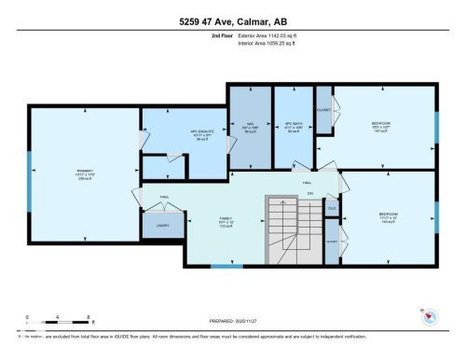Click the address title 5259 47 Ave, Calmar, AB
[x=232, y=19]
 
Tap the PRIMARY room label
[x=84, y=173]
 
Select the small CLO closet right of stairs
[x=332, y=209]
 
